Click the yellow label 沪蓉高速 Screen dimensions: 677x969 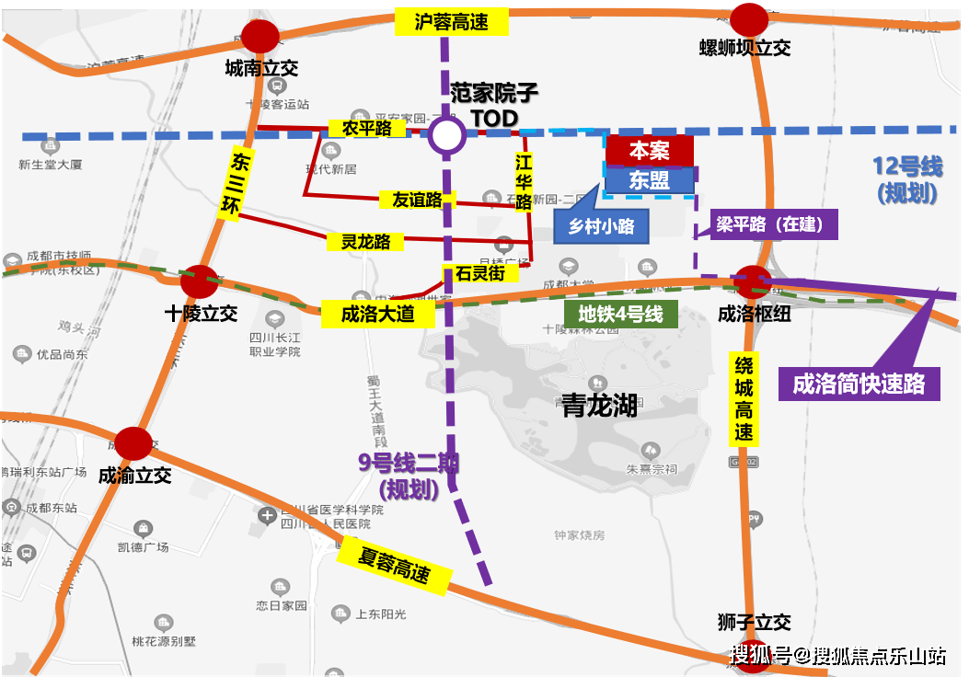click(451, 23)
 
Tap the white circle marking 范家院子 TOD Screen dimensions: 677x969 click(447, 136)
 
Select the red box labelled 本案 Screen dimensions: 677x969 click(650, 150)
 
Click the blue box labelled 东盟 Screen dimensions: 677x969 click(650, 179)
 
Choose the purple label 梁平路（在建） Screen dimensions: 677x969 click(773, 224)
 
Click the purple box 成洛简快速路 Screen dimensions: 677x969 click(859, 384)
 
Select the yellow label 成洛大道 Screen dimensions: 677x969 click(377, 314)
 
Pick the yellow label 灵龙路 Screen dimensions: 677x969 click(366, 242)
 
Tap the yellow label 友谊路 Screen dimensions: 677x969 click(418, 200)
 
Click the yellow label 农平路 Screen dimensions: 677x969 click(366, 129)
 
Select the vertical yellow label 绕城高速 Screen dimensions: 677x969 click(744, 398)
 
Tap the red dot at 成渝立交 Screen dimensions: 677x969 click(133, 443)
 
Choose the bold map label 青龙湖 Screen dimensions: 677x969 click(599, 406)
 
